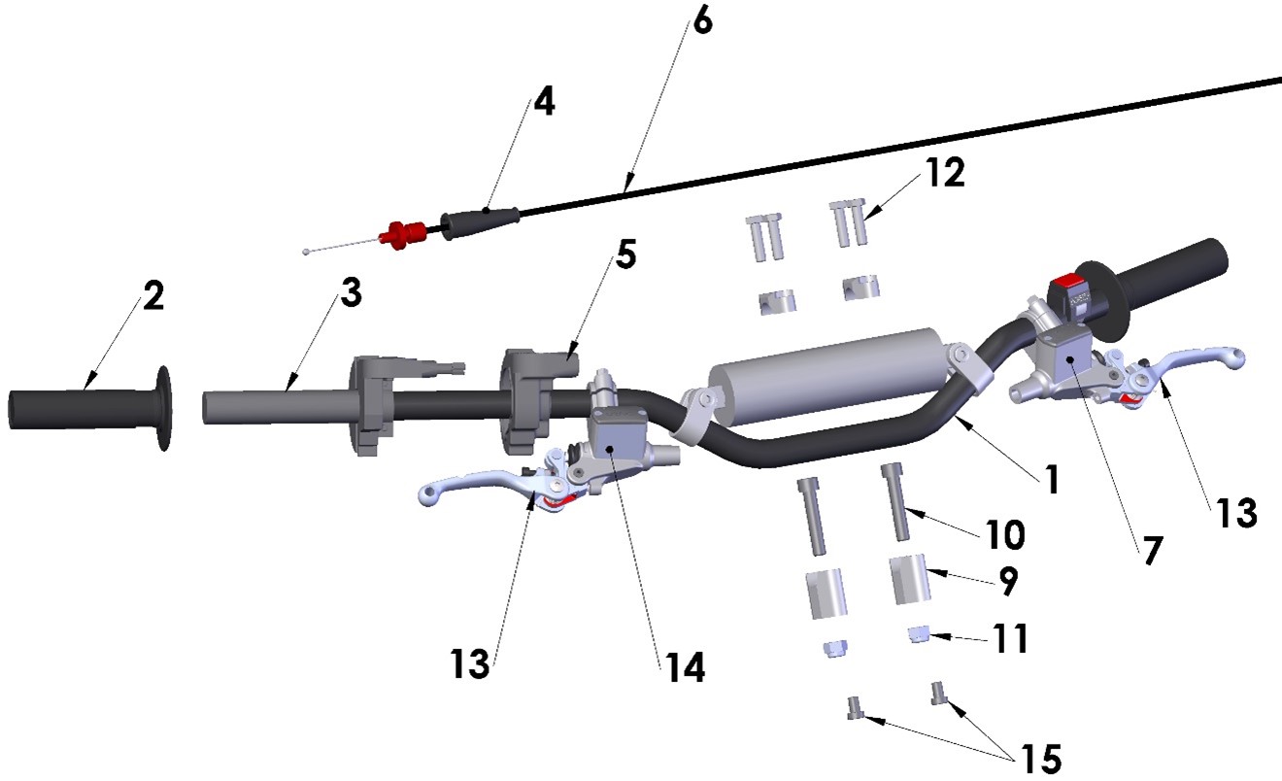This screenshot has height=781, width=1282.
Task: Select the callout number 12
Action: click(x=945, y=173)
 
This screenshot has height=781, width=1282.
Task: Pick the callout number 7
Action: click(x=1150, y=550)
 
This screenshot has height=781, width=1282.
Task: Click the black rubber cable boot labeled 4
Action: click(x=480, y=221)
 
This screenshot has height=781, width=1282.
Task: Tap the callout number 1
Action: click(x=1050, y=478)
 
